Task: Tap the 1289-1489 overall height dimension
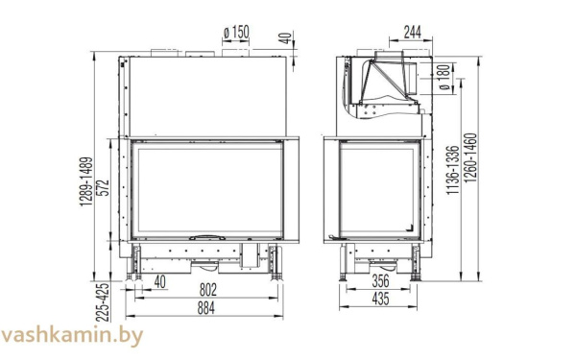[85, 183]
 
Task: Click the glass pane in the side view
[379, 187]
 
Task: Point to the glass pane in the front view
[205, 187]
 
